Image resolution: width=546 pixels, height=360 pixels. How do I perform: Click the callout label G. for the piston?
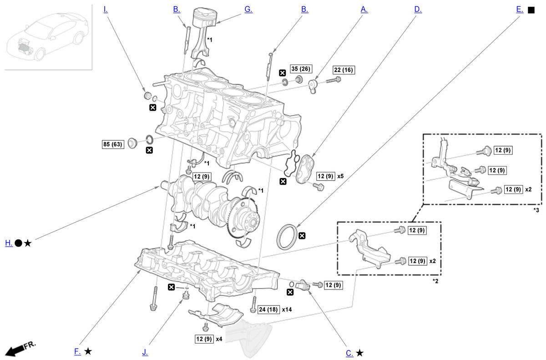(x=248, y=9)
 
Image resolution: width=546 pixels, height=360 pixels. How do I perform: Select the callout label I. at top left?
(x=106, y=9)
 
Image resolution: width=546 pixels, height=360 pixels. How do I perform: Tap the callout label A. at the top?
(x=364, y=9)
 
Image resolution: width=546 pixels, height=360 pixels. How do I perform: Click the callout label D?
(x=418, y=9)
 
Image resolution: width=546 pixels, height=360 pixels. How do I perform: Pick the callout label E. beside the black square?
(x=520, y=9)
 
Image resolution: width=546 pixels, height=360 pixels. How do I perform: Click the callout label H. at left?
(x=9, y=243)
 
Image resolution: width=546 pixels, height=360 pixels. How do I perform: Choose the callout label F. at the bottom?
(x=77, y=351)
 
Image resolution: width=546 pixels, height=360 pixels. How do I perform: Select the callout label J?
(x=145, y=352)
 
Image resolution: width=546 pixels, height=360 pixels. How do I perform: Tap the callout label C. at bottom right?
(x=349, y=353)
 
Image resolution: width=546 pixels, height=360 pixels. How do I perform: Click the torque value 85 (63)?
(x=112, y=145)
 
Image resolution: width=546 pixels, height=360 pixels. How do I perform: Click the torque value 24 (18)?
(x=268, y=309)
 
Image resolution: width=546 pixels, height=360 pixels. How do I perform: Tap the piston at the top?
(x=204, y=19)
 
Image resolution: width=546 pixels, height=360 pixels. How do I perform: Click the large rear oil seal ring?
(x=286, y=236)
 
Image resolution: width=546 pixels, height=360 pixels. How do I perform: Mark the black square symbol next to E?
(x=531, y=10)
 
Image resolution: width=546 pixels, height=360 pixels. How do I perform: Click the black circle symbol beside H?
(x=18, y=243)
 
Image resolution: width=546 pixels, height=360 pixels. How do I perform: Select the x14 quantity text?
(x=287, y=309)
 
